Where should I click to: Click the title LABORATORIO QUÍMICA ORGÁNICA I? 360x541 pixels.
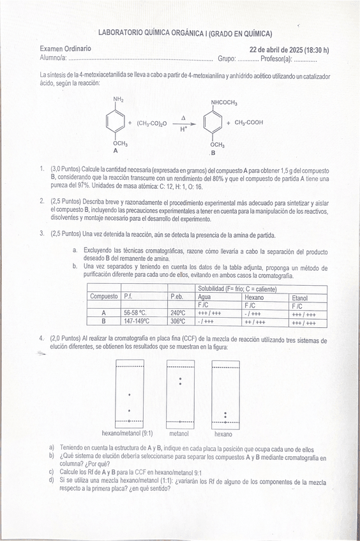click(185, 33)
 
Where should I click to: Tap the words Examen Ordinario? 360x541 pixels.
click(65, 48)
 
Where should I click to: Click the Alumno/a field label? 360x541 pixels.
click(54, 58)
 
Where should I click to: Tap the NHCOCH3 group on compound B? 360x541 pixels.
click(224, 103)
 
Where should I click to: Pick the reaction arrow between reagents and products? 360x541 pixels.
click(183, 124)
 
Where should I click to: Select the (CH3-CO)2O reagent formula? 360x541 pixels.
click(152, 124)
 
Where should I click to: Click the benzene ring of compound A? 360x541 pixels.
click(116, 123)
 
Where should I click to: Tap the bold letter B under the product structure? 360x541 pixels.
click(213, 154)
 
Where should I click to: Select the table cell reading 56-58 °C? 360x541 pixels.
click(135, 313)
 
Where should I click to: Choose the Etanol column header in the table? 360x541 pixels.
click(299, 297)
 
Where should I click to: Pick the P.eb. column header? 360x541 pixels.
click(177, 297)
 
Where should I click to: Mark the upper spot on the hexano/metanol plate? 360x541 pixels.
click(129, 394)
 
